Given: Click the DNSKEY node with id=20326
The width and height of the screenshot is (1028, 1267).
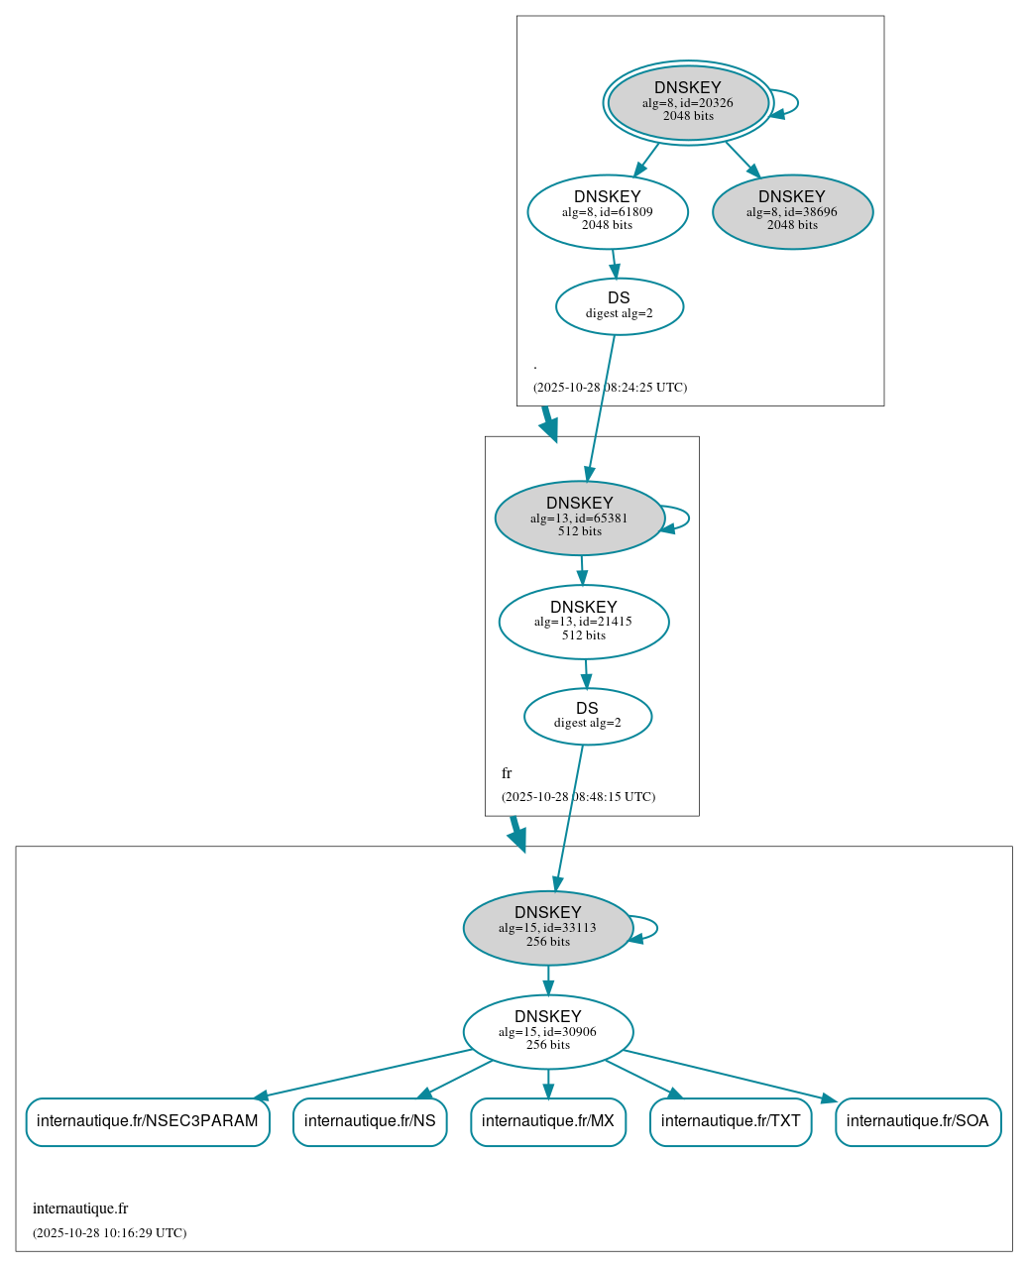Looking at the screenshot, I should [x=687, y=102].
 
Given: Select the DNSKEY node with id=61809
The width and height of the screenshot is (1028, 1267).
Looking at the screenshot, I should [x=607, y=211].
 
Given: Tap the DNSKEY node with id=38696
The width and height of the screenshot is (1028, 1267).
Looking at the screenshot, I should [x=792, y=211].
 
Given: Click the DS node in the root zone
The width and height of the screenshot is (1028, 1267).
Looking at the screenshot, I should [x=619, y=306].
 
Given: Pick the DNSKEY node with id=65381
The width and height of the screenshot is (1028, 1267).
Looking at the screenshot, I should [x=579, y=518].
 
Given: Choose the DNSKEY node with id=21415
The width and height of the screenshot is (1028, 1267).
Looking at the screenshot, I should [x=583, y=622].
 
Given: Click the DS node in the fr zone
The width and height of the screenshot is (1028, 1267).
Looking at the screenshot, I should [x=587, y=716].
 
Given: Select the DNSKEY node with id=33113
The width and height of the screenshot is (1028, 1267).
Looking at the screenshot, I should [x=547, y=928].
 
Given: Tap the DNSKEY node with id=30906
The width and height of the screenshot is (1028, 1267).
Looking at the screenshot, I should [x=547, y=1031].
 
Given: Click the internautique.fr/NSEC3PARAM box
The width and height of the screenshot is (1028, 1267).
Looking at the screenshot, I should [x=148, y=1121].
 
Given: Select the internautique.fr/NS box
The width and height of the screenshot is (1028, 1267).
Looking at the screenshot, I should [x=370, y=1121].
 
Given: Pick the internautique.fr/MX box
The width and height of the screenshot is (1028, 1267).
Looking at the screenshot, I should [x=548, y=1121].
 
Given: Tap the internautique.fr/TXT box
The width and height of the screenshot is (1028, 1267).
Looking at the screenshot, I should [x=731, y=1121].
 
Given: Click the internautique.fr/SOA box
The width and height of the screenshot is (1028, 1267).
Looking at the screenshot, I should [x=918, y=1121].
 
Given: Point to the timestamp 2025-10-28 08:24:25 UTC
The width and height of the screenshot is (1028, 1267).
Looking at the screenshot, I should [x=610, y=388].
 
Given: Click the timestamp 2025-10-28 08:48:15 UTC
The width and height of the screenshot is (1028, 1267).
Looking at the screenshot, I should [x=578, y=797].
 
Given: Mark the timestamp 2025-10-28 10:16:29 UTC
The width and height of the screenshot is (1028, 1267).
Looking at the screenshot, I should [x=109, y=1233].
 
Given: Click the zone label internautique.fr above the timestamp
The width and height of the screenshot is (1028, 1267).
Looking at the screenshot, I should [x=80, y=1209].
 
